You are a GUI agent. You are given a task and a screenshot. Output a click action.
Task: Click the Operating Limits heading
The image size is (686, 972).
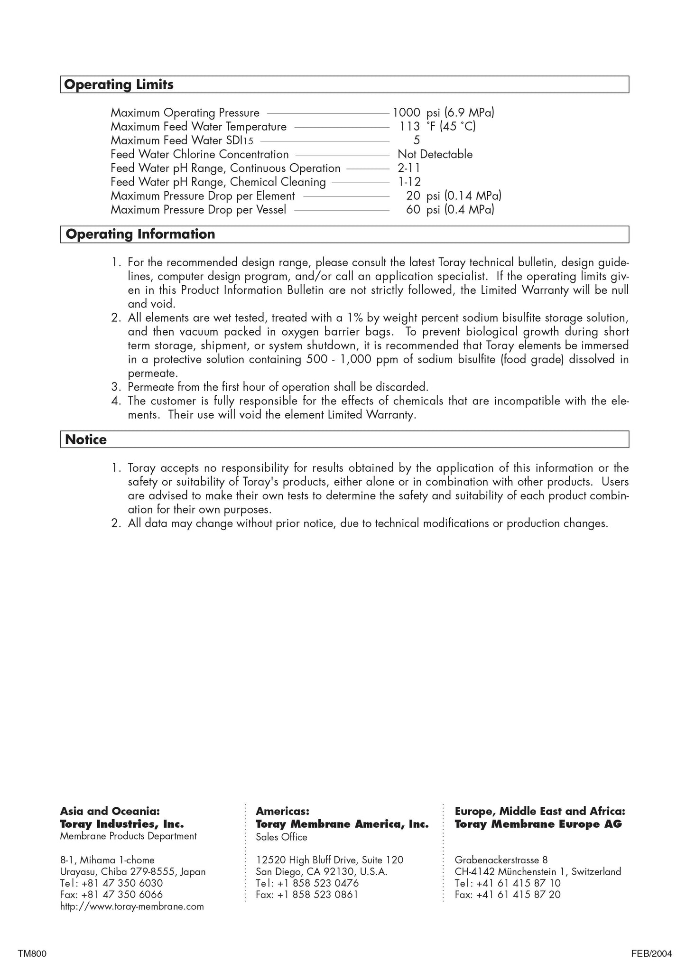(119, 85)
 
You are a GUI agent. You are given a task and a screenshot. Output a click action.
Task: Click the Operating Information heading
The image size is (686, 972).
(140, 234)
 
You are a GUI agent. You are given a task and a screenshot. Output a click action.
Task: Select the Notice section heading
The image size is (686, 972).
(86, 439)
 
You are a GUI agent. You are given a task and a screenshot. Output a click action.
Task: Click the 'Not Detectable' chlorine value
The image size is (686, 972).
(435, 154)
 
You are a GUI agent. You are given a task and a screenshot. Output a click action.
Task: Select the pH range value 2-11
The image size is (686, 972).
(409, 168)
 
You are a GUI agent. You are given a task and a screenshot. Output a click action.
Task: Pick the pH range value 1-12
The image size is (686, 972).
(409, 182)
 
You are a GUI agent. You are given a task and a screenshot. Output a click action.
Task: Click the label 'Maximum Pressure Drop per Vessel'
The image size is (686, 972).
(198, 210)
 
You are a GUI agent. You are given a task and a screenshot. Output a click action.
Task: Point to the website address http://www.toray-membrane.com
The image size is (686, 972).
(132, 907)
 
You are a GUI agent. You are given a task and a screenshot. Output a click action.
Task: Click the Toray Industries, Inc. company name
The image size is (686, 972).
(122, 823)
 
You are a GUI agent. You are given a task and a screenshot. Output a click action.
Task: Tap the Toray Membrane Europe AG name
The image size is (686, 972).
(538, 824)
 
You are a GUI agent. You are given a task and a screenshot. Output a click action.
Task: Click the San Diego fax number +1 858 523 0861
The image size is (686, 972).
(307, 895)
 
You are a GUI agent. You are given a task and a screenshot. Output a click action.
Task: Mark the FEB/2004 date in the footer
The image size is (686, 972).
(651, 954)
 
